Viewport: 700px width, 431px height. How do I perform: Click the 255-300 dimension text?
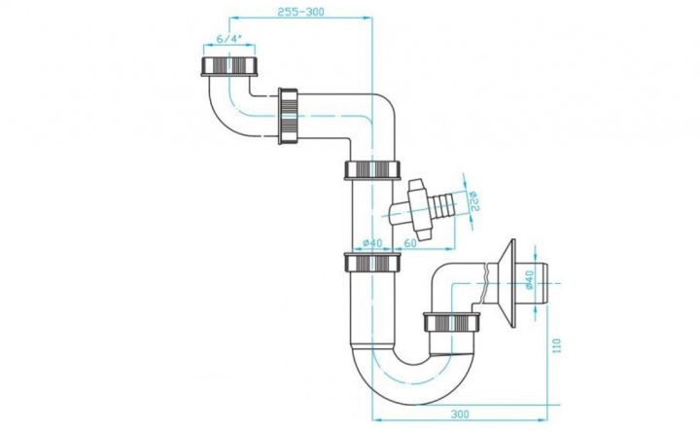(300, 12)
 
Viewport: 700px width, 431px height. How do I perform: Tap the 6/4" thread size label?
(229, 39)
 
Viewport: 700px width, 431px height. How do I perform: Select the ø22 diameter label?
(473, 201)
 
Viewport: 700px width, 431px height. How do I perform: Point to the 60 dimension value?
(410, 243)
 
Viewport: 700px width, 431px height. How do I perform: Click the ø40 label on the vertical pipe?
(372, 243)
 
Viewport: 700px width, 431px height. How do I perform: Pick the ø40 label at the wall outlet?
(530, 279)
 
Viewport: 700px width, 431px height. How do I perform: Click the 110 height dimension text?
(556, 346)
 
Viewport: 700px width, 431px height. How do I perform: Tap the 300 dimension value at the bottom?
(459, 414)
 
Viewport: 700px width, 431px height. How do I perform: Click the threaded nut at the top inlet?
(229, 66)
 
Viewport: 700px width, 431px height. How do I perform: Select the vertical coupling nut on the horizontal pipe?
(288, 116)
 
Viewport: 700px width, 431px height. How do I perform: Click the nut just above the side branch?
(372, 169)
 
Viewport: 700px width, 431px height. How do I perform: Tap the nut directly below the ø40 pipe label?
(372, 262)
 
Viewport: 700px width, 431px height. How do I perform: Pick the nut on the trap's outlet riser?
(452, 322)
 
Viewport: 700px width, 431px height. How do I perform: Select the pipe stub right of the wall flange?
(532, 284)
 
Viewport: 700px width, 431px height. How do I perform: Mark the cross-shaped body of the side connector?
(419, 209)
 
